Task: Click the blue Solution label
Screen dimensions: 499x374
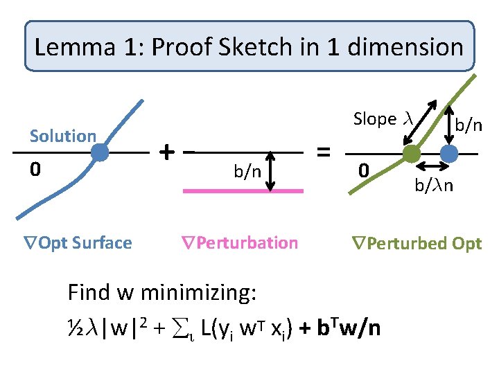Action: (62, 136)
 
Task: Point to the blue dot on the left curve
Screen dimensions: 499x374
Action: (100, 152)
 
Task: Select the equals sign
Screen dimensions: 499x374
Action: (322, 150)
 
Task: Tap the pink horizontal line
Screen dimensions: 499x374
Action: (243, 189)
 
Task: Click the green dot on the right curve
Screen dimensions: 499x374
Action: (411, 152)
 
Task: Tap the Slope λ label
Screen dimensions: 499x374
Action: (383, 119)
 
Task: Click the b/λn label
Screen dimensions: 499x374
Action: (435, 185)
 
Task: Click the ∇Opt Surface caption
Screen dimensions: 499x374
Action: (75, 242)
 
